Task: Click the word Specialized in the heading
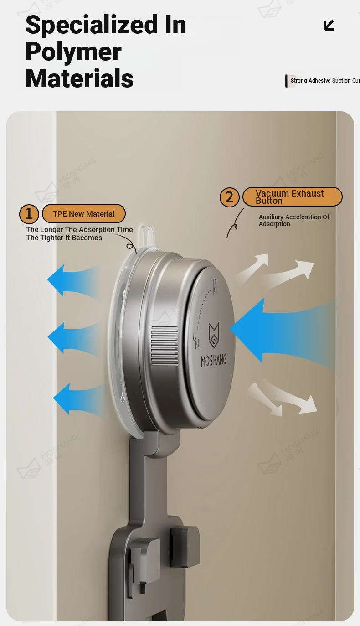(x=92, y=26)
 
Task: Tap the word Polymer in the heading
(x=73, y=52)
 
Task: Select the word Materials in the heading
(x=80, y=78)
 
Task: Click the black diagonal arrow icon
(x=329, y=25)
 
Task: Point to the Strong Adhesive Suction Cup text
(x=325, y=81)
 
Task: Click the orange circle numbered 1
(x=29, y=214)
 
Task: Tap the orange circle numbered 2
(x=229, y=197)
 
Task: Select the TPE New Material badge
(x=84, y=214)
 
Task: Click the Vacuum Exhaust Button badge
(x=293, y=197)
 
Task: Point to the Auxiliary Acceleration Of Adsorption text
(x=294, y=221)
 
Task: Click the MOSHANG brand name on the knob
(x=214, y=360)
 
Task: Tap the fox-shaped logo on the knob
(x=214, y=336)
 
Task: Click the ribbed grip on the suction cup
(x=165, y=346)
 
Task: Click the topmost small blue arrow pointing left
(x=74, y=281)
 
